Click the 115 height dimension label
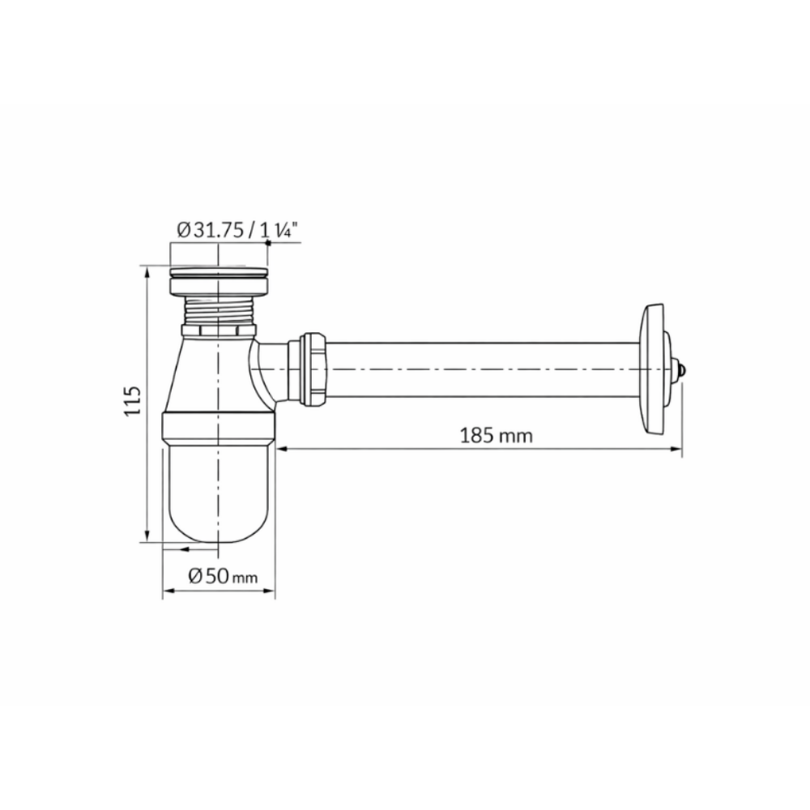(132, 400)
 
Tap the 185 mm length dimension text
(496, 436)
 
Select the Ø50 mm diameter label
(223, 575)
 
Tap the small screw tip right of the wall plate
(683, 370)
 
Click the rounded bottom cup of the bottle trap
(219, 493)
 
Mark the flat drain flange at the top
(219, 271)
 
